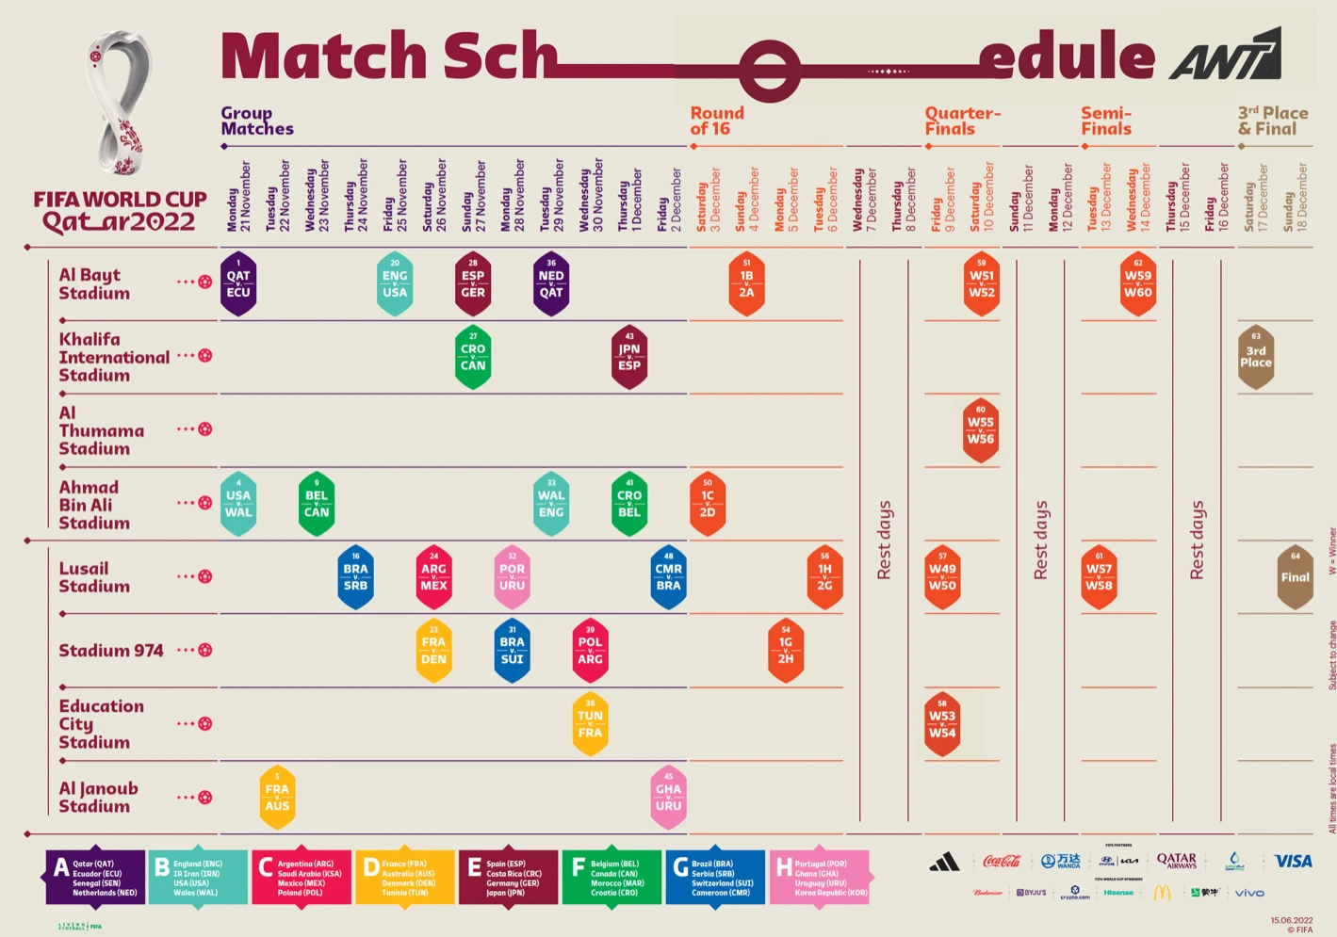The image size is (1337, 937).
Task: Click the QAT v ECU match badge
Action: tap(238, 283)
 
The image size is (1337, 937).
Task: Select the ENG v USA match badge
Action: tap(395, 283)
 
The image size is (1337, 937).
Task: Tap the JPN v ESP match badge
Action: tap(629, 357)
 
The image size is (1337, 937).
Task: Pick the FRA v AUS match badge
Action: tap(277, 798)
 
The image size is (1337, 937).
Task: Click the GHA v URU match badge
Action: tap(668, 798)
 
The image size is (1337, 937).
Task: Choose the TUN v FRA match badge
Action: tap(590, 724)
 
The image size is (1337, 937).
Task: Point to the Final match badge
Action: tap(1295, 576)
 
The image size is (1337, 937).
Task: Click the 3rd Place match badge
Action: tap(1255, 357)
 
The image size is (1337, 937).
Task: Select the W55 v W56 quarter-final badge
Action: tap(981, 430)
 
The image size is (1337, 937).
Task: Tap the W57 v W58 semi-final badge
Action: tap(1099, 576)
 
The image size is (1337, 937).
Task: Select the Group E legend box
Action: tap(509, 878)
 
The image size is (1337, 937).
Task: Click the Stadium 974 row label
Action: tap(111, 651)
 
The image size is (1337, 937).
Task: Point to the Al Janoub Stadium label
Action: tap(98, 797)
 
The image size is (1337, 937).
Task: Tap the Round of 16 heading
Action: tap(717, 121)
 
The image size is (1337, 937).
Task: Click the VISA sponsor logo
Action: tap(1293, 861)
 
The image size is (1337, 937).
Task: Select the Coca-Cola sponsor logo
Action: tap(1002, 861)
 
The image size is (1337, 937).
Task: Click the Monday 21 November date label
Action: tap(238, 196)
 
